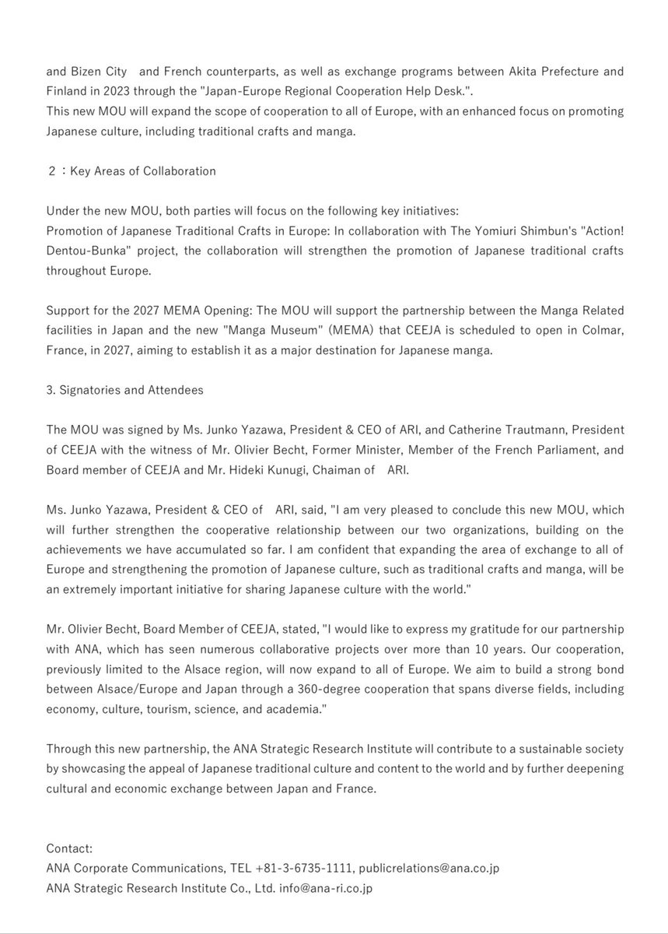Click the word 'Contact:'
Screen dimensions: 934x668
[69, 848]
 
